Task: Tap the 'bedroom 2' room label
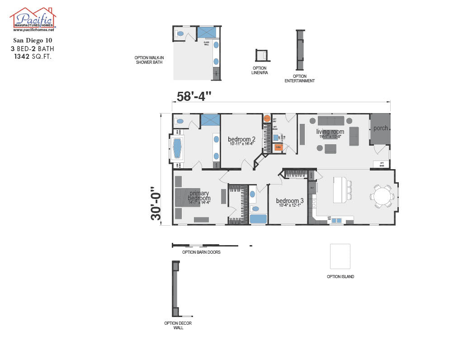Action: pos(241,139)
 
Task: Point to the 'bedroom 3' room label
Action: pos(290,201)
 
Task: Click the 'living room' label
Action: pos(330,132)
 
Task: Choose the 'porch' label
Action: pos(380,128)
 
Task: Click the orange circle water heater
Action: pos(267,119)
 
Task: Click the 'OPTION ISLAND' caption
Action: pos(340,276)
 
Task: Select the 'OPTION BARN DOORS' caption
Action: pos(201,252)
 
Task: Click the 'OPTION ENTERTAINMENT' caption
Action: pos(299,79)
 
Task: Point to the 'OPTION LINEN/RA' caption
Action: pos(260,70)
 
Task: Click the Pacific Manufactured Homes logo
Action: pos(33,19)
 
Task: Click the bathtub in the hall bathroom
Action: pos(258,219)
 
